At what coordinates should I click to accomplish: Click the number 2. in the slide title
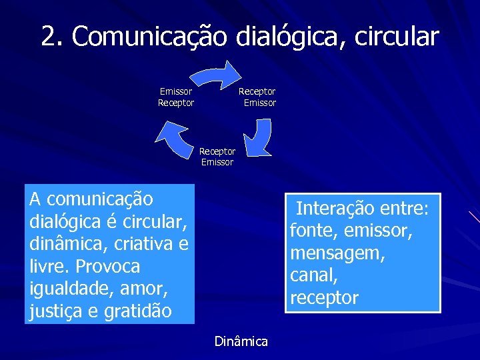click(53, 36)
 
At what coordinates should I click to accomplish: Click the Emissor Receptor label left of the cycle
click(176, 97)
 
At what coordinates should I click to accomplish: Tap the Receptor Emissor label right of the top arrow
click(257, 97)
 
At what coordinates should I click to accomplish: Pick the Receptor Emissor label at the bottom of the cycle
click(217, 157)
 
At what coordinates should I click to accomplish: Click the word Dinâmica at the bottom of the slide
click(241, 342)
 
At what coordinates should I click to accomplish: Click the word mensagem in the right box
click(337, 253)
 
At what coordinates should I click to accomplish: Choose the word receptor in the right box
click(324, 297)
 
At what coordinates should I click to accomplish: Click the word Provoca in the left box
click(108, 266)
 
